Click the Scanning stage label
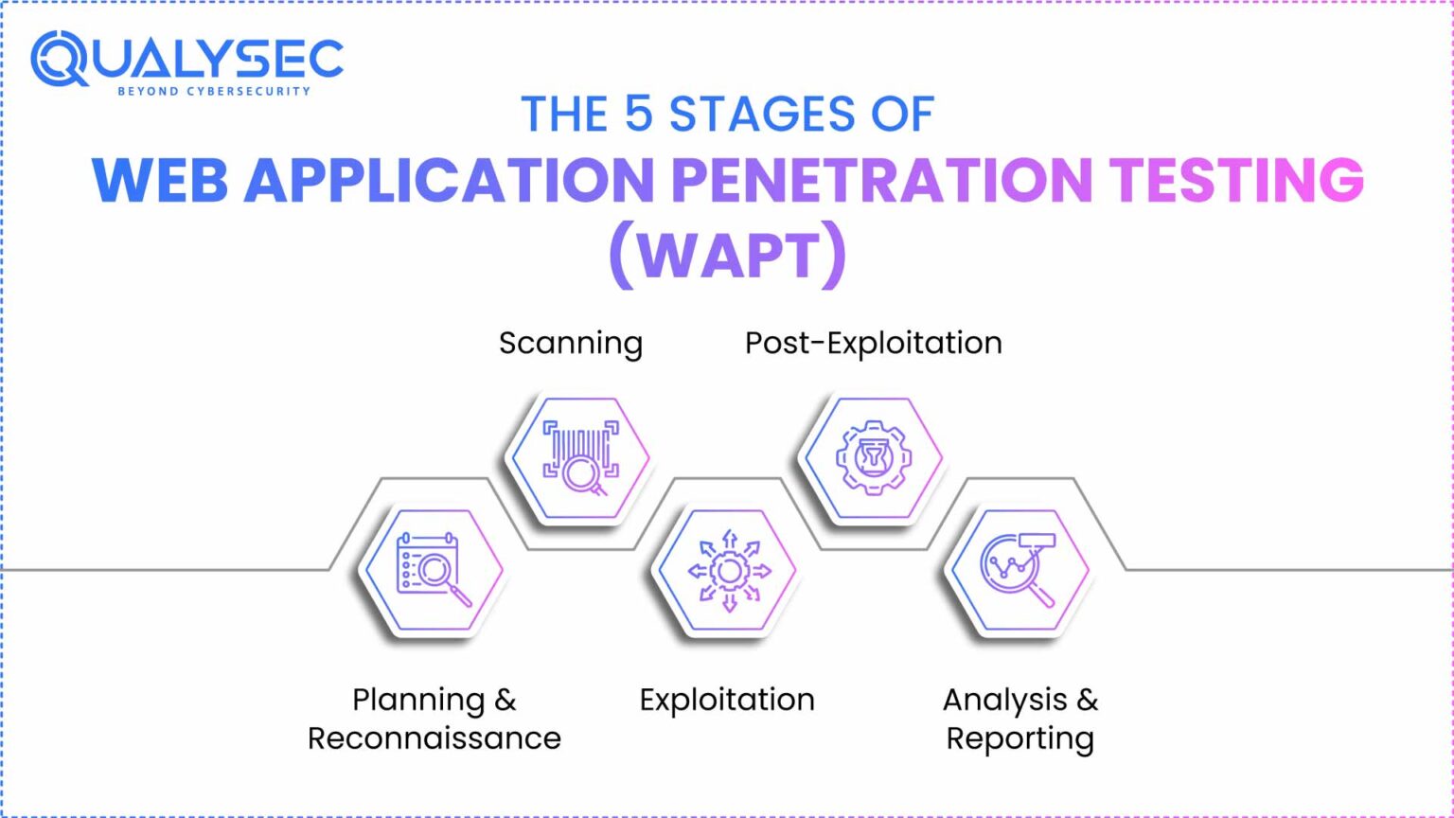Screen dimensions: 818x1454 pyautogui.click(x=570, y=343)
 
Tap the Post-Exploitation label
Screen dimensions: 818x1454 pyautogui.click(x=873, y=343)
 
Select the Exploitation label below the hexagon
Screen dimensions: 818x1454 pyautogui.click(x=726, y=700)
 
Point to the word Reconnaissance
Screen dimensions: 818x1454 pyautogui.click(x=434, y=738)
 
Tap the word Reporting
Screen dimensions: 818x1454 pyautogui.click(x=1020, y=738)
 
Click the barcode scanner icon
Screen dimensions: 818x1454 pyautogui.click(x=578, y=459)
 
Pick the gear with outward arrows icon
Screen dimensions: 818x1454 pyautogui.click(x=727, y=570)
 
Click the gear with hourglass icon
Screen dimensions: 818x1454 pyautogui.click(x=871, y=459)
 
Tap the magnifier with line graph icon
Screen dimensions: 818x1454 pyautogui.click(x=1019, y=569)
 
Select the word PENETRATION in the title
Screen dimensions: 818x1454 pyautogui.click(x=881, y=180)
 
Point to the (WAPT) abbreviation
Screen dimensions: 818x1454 pyautogui.click(x=726, y=255)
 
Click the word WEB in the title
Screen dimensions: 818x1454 pyautogui.click(x=160, y=180)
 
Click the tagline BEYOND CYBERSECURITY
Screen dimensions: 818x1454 pyautogui.click(x=213, y=92)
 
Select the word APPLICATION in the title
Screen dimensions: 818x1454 pyautogui.click(x=449, y=180)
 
